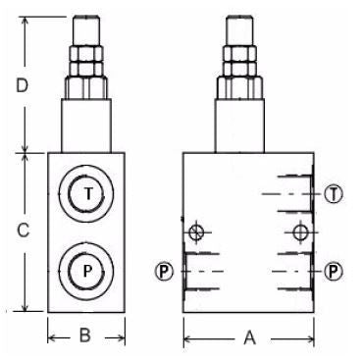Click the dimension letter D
pos(23,86)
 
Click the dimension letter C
pos(23,231)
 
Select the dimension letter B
pos(85,334)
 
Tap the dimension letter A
pos(249,337)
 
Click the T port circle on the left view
pos(86,193)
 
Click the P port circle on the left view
pos(86,271)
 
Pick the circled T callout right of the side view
pos(334,194)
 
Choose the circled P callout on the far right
pos(334,271)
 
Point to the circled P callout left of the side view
pos(164,271)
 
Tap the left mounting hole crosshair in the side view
pos(196,232)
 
